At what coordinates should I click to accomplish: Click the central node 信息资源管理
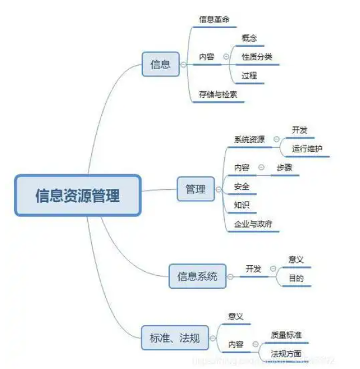click(x=77, y=194)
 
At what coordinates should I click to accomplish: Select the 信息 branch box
click(x=160, y=64)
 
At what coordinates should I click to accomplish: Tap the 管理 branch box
click(x=196, y=189)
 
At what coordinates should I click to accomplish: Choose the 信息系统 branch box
click(x=197, y=276)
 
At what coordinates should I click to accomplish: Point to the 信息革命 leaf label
click(x=214, y=19)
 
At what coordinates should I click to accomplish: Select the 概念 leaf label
click(x=249, y=38)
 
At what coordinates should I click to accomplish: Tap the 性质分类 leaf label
click(x=257, y=57)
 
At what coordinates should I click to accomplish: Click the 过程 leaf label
click(x=249, y=76)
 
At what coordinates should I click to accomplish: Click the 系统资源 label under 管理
click(x=249, y=139)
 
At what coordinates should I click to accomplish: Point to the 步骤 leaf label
click(x=285, y=168)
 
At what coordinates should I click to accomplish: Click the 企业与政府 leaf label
click(x=253, y=224)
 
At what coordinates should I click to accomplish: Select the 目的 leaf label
click(x=296, y=278)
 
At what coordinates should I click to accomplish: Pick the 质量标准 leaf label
click(x=286, y=334)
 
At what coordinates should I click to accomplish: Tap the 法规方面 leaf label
click(x=286, y=353)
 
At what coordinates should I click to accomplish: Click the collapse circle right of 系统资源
click(x=276, y=139)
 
